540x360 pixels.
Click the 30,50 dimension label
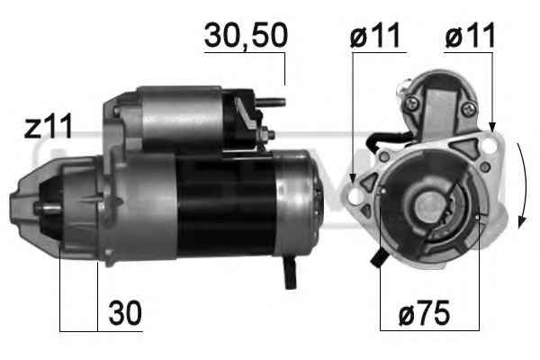coord(246,36)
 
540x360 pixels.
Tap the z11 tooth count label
coord(49,126)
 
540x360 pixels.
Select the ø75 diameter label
coord(424,313)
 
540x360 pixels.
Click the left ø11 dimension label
coord(375,35)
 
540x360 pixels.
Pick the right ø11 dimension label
coord(470,35)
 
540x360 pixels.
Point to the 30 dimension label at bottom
coord(125,313)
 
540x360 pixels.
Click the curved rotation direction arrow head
coord(522,222)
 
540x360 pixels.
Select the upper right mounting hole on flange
coord(489,146)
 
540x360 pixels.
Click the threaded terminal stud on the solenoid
coord(271,103)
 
